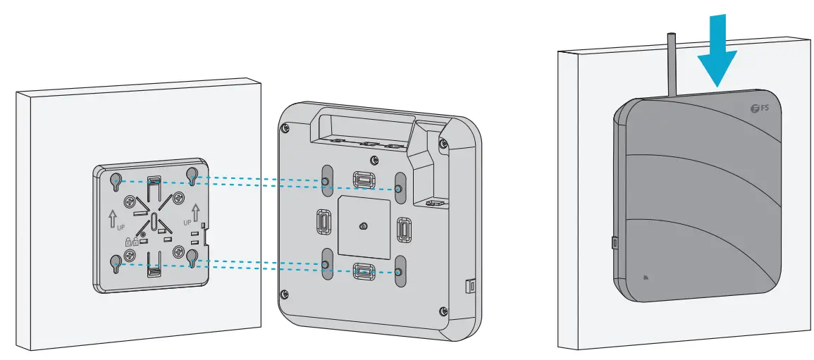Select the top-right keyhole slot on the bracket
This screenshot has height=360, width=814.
point(191,176)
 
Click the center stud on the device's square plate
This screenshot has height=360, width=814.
point(362,226)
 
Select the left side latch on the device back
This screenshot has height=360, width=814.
point(323,223)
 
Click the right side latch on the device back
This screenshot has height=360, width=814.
point(404,230)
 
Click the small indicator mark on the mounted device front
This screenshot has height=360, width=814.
point(646,276)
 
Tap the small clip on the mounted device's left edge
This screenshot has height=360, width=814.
point(612,243)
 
